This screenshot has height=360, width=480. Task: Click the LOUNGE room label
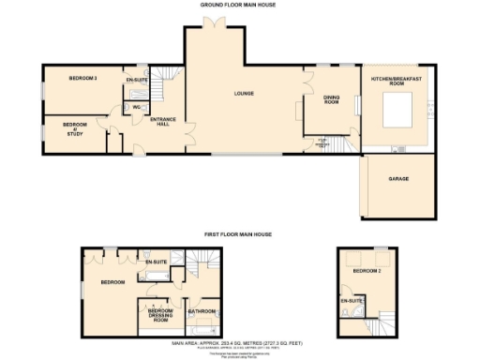tap(246, 93)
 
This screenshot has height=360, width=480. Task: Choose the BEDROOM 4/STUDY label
tap(75, 127)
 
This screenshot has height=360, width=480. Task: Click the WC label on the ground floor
tap(136, 107)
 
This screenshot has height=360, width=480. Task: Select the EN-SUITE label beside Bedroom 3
tap(137, 81)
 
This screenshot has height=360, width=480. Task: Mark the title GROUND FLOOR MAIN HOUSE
tap(239, 5)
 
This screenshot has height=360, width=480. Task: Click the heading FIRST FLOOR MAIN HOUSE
tap(239, 234)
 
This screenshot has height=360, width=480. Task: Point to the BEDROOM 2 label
tap(367, 270)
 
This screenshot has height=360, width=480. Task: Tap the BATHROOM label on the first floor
tap(202, 310)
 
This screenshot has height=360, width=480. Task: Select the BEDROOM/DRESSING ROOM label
tap(162, 314)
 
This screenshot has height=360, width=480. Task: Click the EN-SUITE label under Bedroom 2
tap(352, 302)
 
